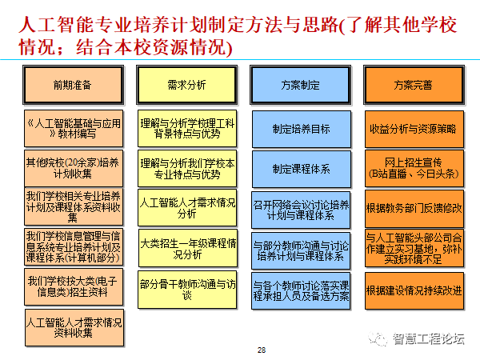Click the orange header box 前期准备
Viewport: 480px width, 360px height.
coord(73,84)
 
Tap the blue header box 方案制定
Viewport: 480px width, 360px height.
coord(301,84)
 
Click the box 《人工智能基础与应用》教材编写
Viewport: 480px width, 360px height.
coord(73,128)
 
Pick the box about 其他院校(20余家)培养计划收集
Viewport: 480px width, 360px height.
coord(73,166)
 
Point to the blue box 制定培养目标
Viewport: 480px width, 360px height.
coord(301,128)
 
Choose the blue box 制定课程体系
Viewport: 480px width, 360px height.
coord(301,169)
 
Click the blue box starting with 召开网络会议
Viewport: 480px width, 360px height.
coord(301,209)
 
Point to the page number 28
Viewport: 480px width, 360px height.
coord(262,350)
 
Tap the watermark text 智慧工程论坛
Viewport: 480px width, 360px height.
coord(428,338)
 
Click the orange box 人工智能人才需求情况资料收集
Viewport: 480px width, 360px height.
coord(73,328)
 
